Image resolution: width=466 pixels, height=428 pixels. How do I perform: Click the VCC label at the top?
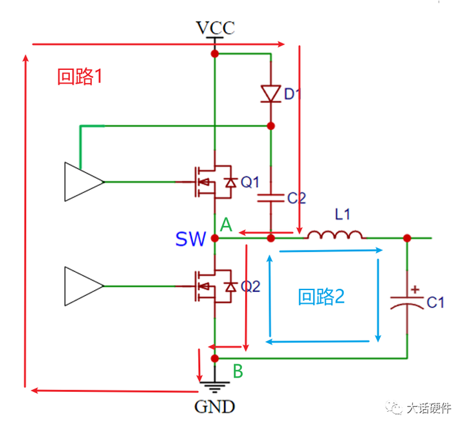click(216, 28)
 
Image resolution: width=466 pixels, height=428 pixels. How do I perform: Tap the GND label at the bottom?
click(215, 407)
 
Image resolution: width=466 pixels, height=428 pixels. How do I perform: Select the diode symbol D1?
click(271, 94)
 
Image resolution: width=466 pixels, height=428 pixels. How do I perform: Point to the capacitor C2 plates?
click(271, 198)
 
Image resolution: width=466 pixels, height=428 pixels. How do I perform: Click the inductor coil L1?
click(335, 235)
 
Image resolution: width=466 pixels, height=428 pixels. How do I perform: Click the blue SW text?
click(190, 239)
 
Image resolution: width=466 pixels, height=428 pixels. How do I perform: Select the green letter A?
click(226, 225)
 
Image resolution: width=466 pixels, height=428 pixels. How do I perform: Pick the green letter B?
click(238, 371)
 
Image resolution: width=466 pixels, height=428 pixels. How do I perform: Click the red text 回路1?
click(80, 76)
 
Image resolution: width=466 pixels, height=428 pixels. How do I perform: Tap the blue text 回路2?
click(321, 297)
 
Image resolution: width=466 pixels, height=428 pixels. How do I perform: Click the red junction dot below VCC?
click(215, 54)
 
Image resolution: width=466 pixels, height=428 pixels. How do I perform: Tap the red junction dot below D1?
click(271, 126)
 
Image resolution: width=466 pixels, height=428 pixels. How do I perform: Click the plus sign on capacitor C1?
click(415, 289)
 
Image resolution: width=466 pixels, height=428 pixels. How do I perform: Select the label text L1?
click(342, 214)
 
